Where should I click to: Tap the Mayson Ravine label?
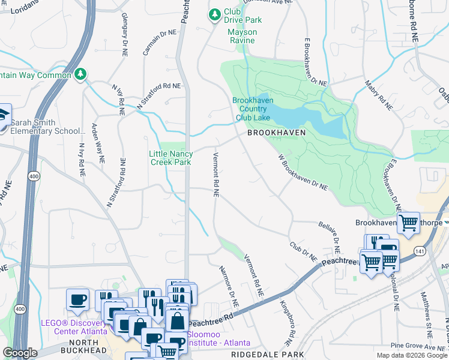pos(243,36)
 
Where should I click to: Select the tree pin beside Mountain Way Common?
pos(80,74)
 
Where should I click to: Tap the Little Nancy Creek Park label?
pos(171,158)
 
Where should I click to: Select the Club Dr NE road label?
pos(303,251)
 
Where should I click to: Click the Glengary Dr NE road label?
pos(125,34)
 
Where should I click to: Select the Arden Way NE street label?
pos(97,145)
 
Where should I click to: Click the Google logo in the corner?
pos(20,353)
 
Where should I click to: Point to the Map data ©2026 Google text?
pos(411,355)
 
